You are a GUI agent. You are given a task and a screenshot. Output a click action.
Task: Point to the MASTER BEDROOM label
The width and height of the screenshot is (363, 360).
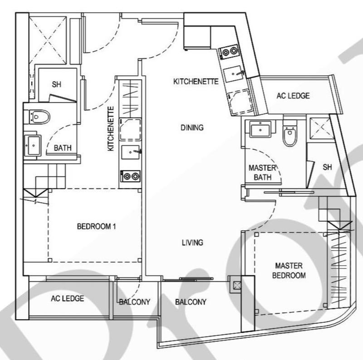[290, 270]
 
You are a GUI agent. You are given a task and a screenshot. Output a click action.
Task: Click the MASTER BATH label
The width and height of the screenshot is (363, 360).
[260, 173]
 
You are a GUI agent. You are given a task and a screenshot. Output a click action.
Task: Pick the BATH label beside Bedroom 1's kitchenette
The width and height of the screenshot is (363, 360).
[63, 148]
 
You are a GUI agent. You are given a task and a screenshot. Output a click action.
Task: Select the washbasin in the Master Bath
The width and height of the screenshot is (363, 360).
[261, 129]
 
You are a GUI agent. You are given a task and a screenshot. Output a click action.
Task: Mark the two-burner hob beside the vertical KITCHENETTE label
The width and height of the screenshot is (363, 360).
[130, 175]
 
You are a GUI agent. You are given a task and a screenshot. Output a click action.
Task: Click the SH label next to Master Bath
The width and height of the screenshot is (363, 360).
[327, 167]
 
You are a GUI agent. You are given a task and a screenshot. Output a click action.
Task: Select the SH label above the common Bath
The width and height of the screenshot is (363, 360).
[56, 84]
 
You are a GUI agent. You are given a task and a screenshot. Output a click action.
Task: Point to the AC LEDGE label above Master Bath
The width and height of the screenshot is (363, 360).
[294, 96]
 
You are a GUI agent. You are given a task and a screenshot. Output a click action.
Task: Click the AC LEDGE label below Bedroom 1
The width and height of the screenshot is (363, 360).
[68, 298]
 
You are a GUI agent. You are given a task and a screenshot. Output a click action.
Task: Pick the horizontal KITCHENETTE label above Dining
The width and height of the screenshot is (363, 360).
[196, 82]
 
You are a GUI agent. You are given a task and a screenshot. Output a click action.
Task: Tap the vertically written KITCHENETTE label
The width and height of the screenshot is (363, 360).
[110, 129]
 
